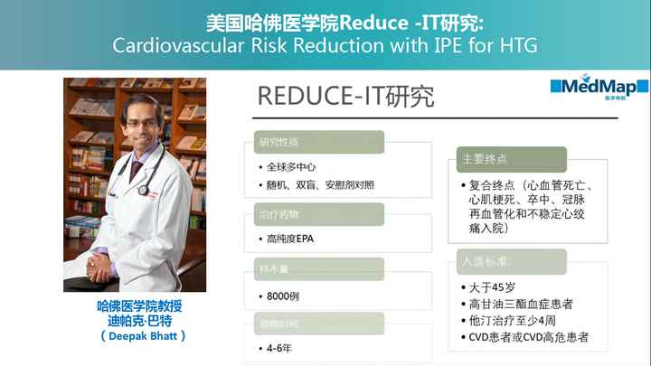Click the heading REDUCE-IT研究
click(x=345, y=97)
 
